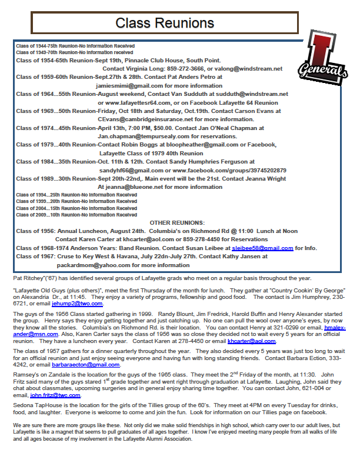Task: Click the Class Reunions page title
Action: click(164, 23)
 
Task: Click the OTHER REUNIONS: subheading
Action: click(177, 222)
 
